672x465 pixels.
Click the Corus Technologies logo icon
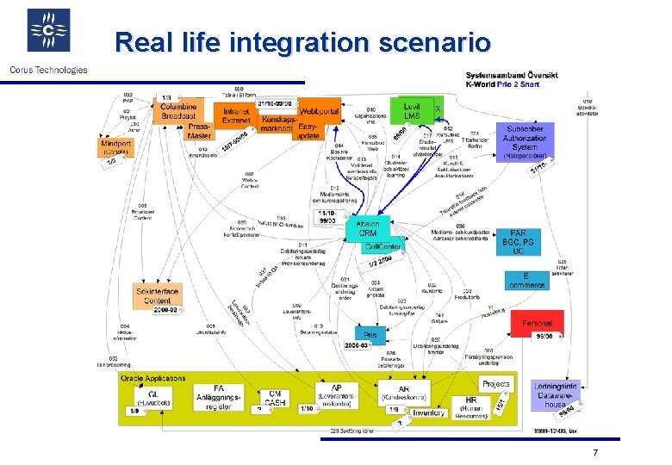pyautogui.click(x=48, y=31)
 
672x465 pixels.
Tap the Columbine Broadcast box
pyautogui.click(x=177, y=110)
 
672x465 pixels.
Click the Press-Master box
pyautogui.click(x=199, y=131)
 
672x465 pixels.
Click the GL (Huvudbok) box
pyautogui.click(x=147, y=397)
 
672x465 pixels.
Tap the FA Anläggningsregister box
pyautogui.click(x=219, y=398)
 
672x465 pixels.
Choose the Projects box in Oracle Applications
pyautogui.click(x=496, y=384)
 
